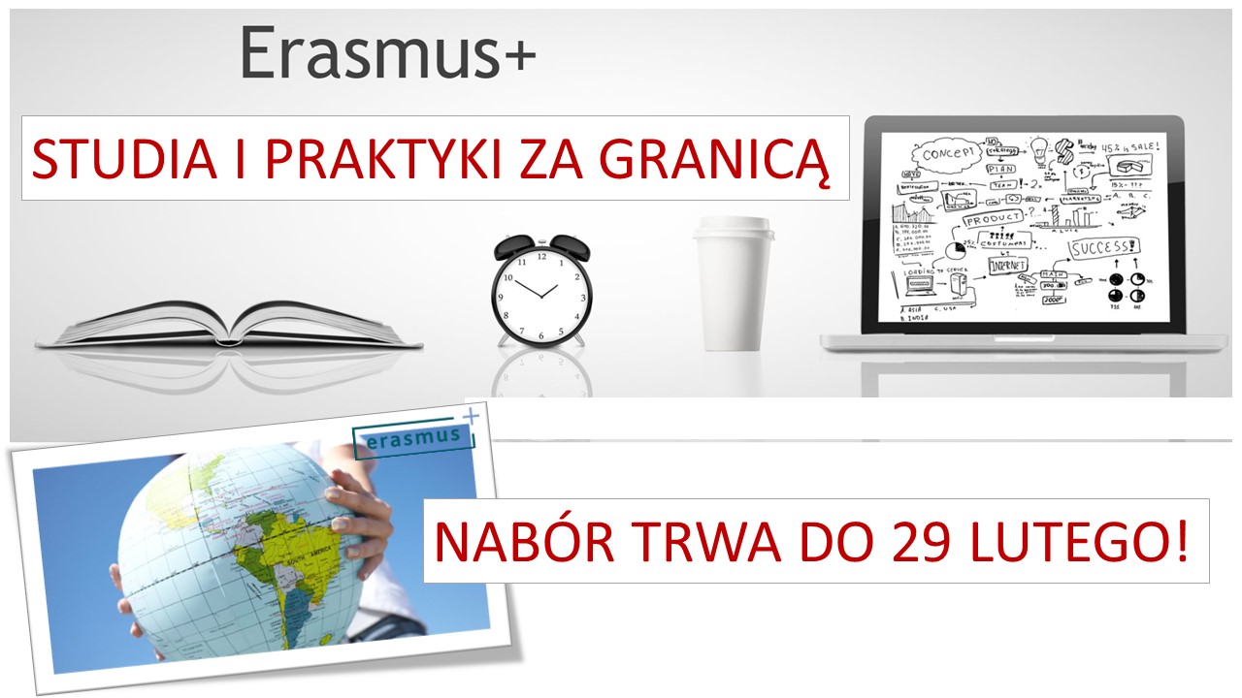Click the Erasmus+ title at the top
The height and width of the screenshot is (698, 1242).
click(387, 54)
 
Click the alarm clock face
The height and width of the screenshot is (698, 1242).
click(540, 291)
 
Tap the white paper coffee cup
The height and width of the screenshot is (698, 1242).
click(733, 291)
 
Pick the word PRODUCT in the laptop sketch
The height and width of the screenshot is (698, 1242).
click(992, 219)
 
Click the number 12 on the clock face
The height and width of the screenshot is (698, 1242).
click(541, 257)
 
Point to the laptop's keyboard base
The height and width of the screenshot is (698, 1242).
click(1024, 341)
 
